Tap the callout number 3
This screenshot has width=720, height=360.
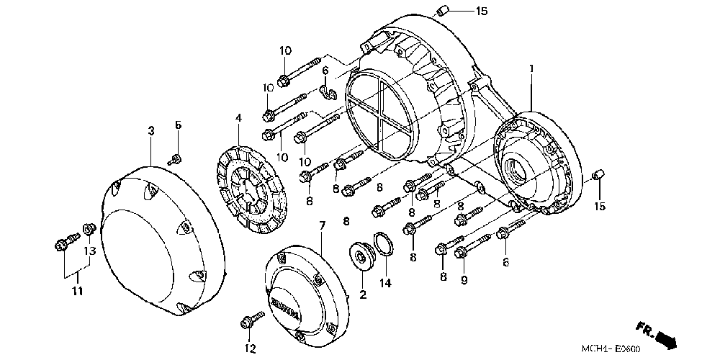[151, 130]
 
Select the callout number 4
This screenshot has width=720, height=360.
[238, 117]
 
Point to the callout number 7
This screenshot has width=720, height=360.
[322, 225]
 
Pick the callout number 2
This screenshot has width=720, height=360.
[362, 294]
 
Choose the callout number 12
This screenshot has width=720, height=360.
[250, 350]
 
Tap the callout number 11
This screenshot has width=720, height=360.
[77, 291]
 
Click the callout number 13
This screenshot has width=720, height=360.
[90, 251]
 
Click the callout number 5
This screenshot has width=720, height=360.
[177, 125]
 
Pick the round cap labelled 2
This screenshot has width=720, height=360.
[361, 256]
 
